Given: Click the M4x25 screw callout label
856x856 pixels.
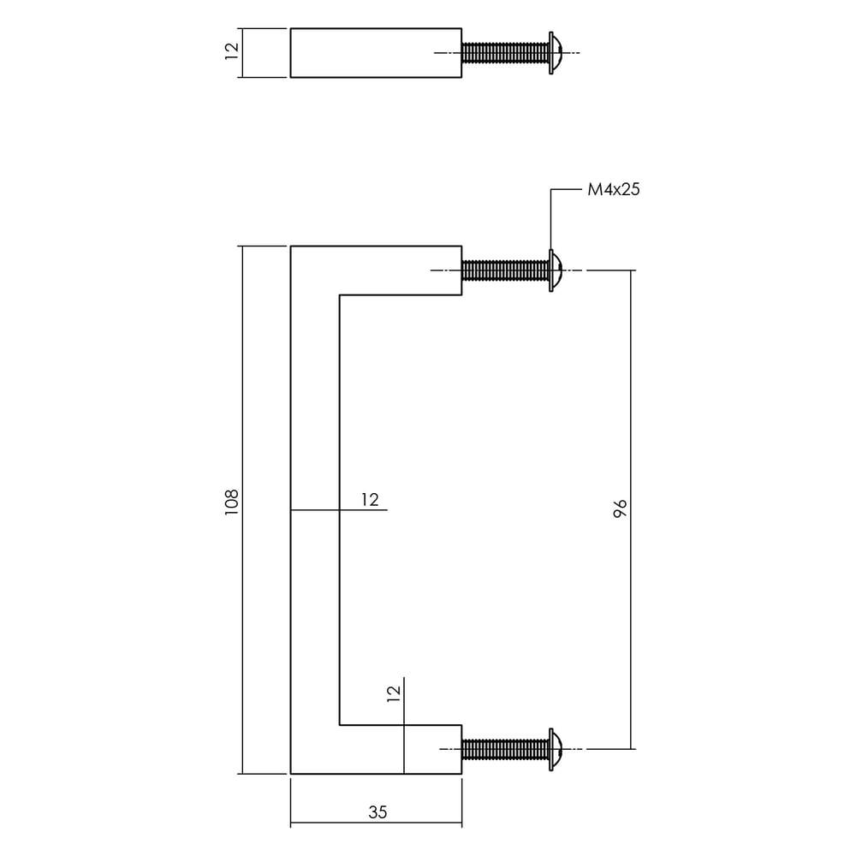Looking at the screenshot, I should pyautogui.click(x=614, y=190).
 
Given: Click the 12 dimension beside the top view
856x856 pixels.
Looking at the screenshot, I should pyautogui.click(x=230, y=51).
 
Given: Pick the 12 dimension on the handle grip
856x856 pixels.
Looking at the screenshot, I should pyautogui.click(x=369, y=500).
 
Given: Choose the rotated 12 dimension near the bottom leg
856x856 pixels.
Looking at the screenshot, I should pyautogui.click(x=394, y=693).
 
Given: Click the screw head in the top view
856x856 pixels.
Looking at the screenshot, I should pyautogui.click(x=555, y=53).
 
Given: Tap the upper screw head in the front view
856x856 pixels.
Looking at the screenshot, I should pyautogui.click(x=555, y=271).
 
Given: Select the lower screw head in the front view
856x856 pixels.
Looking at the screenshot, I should pyautogui.click(x=555, y=750).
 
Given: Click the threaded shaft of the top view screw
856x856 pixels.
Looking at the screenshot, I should pyautogui.click(x=505, y=53).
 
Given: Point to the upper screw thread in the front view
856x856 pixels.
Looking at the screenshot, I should pyautogui.click(x=505, y=271).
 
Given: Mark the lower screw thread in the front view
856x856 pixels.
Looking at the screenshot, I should pyautogui.click(x=505, y=750).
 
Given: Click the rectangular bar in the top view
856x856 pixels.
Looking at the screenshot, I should pyautogui.click(x=376, y=53).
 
